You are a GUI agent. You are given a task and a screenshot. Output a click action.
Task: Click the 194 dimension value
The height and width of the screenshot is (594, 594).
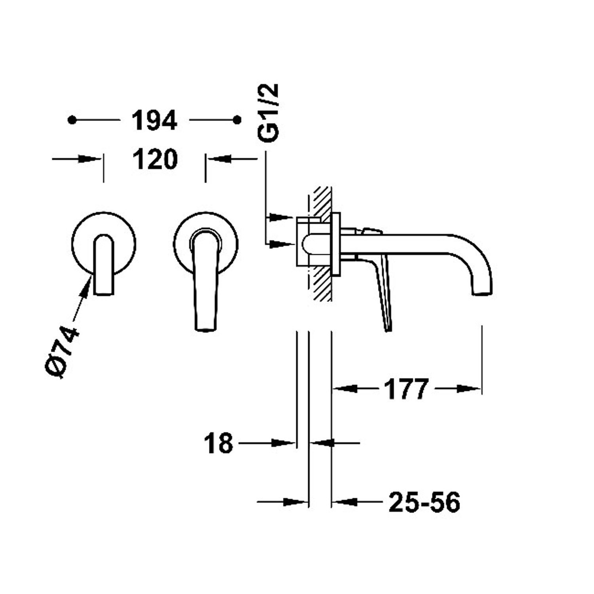coord(154,120)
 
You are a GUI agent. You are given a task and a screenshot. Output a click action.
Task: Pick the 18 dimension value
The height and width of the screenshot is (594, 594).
coord(218,443)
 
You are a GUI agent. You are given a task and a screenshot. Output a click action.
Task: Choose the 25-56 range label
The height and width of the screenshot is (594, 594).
coord(425,503)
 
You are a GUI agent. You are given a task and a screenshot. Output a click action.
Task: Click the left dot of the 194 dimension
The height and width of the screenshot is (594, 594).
coord(72,120)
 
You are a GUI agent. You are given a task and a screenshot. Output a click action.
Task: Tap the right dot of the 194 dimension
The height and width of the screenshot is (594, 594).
coord(237,120)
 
